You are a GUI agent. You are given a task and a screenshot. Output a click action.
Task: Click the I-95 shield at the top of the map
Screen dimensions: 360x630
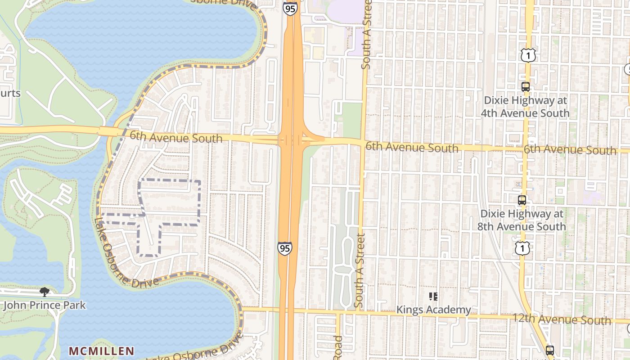(x=290, y=9)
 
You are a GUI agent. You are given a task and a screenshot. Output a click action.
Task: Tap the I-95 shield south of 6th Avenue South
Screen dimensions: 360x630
(x=284, y=248)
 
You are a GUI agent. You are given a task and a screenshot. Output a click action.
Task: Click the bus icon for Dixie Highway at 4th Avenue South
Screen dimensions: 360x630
(x=525, y=87)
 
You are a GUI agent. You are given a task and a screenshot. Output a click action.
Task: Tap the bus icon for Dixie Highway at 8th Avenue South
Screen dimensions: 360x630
(x=522, y=200)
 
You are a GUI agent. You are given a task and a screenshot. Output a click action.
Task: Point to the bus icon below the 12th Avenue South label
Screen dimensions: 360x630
(x=549, y=350)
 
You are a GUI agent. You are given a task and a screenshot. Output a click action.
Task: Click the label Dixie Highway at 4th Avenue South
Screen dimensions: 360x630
(x=525, y=107)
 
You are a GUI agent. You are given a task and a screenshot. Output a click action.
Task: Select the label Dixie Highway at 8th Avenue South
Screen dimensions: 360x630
(x=522, y=220)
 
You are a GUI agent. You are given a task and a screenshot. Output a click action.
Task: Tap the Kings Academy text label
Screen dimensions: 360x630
(x=433, y=310)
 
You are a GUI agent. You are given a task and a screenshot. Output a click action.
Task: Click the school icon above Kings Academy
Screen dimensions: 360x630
(x=433, y=296)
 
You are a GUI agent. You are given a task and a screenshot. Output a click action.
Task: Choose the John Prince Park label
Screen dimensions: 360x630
(x=44, y=305)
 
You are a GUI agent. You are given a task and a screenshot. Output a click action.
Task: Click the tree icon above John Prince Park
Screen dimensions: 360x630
(x=44, y=292)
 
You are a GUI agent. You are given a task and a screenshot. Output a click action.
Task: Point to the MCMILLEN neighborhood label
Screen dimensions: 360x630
(x=101, y=351)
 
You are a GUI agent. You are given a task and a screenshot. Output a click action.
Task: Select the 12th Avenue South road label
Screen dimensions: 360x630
(x=562, y=319)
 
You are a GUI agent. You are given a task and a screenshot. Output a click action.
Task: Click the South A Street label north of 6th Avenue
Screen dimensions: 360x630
(x=366, y=35)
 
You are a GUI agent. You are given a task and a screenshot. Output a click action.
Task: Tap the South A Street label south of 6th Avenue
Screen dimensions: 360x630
(x=359, y=271)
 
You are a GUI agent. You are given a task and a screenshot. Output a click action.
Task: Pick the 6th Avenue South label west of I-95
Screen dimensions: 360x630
(x=176, y=137)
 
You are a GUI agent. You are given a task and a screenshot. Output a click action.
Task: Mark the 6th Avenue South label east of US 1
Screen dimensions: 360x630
(x=570, y=150)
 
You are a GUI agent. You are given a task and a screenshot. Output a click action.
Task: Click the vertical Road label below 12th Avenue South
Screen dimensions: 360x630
(x=338, y=348)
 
